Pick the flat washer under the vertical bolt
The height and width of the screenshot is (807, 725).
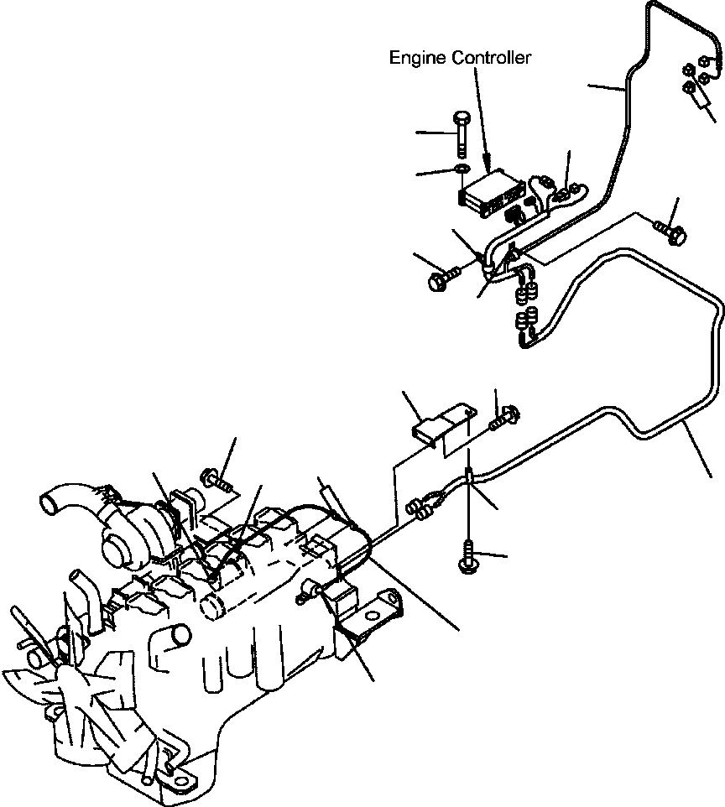click(x=462, y=172)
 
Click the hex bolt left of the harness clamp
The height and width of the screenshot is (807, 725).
click(x=442, y=279)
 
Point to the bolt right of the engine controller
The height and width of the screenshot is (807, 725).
click(x=671, y=231)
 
